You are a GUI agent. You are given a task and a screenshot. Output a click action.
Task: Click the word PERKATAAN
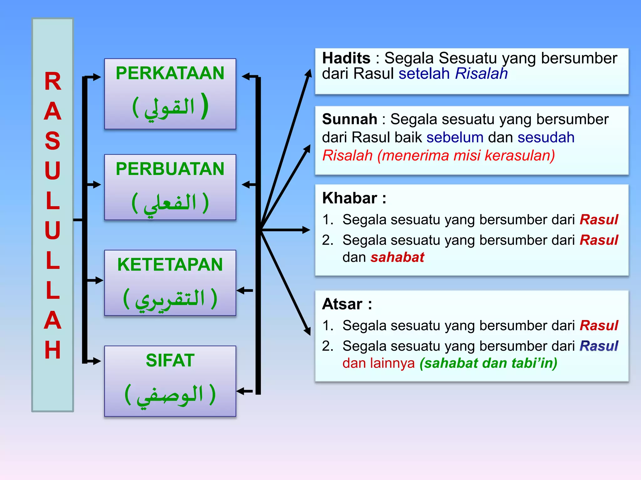[170, 73]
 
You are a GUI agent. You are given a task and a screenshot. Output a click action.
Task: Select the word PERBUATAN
[170, 169]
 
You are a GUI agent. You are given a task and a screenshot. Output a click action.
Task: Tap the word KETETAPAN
[170, 265]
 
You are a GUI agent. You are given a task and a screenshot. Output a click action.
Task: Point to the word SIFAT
[170, 360]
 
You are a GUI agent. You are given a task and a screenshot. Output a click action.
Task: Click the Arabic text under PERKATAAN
[170, 107]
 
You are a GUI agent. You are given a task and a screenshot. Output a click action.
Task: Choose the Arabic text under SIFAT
[170, 394]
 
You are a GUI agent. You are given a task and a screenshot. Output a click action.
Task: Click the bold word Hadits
[346, 58]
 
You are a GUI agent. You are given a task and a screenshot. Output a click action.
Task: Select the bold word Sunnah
[349, 119]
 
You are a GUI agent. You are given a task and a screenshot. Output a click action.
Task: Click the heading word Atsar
[342, 304]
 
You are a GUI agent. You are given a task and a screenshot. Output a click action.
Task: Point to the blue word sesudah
[546, 137]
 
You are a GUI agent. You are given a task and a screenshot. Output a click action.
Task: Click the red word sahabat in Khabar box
[397, 257]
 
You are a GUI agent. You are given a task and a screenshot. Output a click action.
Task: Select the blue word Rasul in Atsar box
[599, 346]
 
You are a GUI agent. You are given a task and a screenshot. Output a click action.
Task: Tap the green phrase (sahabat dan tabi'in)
[488, 363]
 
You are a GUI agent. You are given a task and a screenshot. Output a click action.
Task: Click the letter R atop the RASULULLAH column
[53, 82]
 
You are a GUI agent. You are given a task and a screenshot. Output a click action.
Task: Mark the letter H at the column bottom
[53, 350]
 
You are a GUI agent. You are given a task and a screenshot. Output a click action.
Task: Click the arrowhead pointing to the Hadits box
[309, 73]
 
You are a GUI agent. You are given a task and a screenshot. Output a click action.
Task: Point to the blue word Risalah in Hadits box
[481, 74]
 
